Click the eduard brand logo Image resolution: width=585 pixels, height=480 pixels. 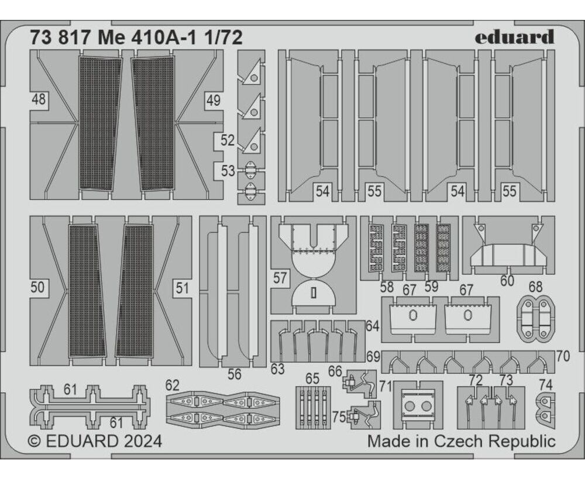coord(514,37)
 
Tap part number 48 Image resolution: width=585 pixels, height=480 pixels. coord(39,100)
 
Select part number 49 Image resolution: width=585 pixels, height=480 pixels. coord(214,100)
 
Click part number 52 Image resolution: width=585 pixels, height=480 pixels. coord(228,141)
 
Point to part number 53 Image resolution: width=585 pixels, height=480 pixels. coord(228,171)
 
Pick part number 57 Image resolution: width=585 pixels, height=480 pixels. coord(280,278)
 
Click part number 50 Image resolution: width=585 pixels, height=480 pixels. coord(37,288)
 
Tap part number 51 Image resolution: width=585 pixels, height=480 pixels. coord(182,288)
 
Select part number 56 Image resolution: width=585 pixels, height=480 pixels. coord(235,374)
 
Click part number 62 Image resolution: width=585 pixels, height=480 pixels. coord(172,386)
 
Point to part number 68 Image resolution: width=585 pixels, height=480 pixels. coord(535,287)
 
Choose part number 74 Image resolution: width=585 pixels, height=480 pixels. coord(546,384)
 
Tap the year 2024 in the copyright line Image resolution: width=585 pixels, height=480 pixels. coord(143,441)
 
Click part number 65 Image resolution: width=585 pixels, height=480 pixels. coord(312,379)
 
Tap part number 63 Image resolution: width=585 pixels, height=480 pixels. coord(277,369)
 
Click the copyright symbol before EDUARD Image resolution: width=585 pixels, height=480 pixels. coord(35,441)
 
